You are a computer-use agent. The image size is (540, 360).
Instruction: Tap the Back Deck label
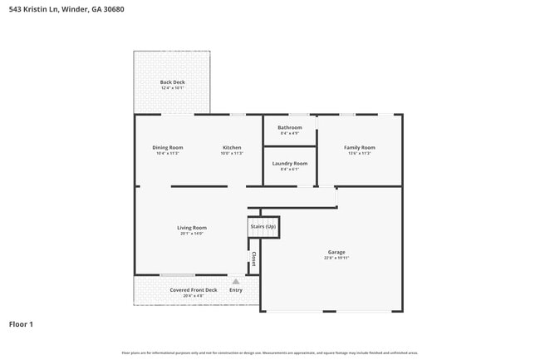172,81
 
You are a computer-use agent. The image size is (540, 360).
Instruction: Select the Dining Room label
167,147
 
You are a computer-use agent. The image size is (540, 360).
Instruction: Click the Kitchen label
231,147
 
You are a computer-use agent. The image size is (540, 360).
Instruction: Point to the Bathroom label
290,127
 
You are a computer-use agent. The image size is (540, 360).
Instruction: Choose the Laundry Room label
290,163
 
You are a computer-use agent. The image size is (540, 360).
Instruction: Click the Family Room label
360,147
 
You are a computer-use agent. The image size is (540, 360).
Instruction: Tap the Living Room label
192,227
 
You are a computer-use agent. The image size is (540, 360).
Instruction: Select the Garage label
336,252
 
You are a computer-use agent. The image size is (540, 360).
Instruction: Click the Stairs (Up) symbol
263,226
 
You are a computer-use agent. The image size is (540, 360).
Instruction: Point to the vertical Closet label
253,259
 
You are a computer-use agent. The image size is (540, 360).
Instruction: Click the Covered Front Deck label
193,289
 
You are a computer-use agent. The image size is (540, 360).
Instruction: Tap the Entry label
236,289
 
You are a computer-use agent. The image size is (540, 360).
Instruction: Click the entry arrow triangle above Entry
236,282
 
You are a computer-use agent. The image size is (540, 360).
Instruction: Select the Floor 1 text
21,323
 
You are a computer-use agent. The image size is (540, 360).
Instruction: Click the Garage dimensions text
336,258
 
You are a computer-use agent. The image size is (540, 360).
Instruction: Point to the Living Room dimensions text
192,234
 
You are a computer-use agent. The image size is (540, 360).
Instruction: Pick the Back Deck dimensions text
172,87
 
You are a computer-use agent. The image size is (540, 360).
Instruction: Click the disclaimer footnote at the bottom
270,353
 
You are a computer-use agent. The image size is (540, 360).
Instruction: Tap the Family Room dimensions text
360,153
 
